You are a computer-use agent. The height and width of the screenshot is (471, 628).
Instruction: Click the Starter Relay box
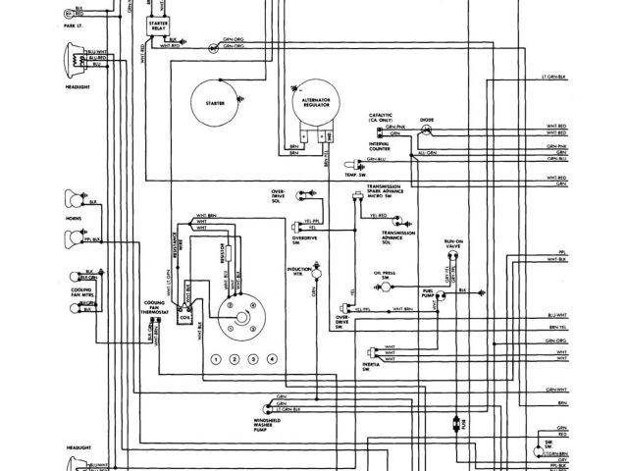click(156, 30)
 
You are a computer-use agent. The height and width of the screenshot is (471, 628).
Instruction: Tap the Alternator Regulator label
click(314, 103)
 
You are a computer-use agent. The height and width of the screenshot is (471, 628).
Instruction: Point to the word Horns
click(72, 218)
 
